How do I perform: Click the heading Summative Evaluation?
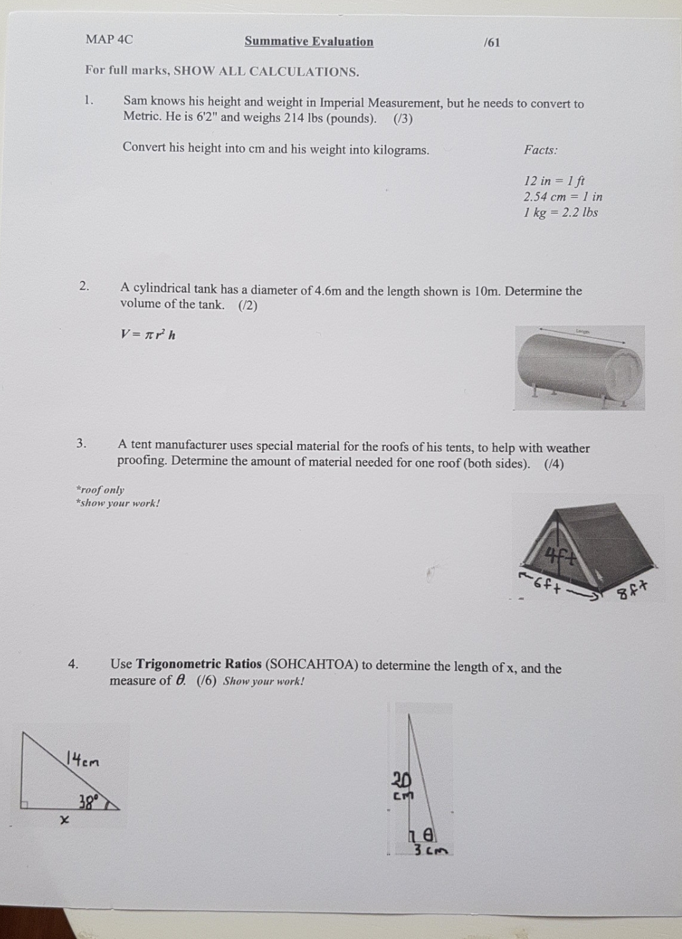[309, 42]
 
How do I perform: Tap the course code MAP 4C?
[109, 39]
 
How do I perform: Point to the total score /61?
[492, 43]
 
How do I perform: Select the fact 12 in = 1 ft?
[553, 181]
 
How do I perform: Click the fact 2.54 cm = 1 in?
[562, 197]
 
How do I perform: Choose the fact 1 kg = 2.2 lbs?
[560, 213]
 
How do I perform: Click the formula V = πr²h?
[148, 335]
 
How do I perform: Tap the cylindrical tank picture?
[580, 368]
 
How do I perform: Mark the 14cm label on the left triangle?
[83, 759]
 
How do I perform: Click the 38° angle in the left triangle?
[89, 800]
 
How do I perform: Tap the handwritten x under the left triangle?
[64, 821]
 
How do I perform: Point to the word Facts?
[540, 151]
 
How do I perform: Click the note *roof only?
[100, 490]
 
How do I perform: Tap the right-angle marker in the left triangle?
[25, 805]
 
